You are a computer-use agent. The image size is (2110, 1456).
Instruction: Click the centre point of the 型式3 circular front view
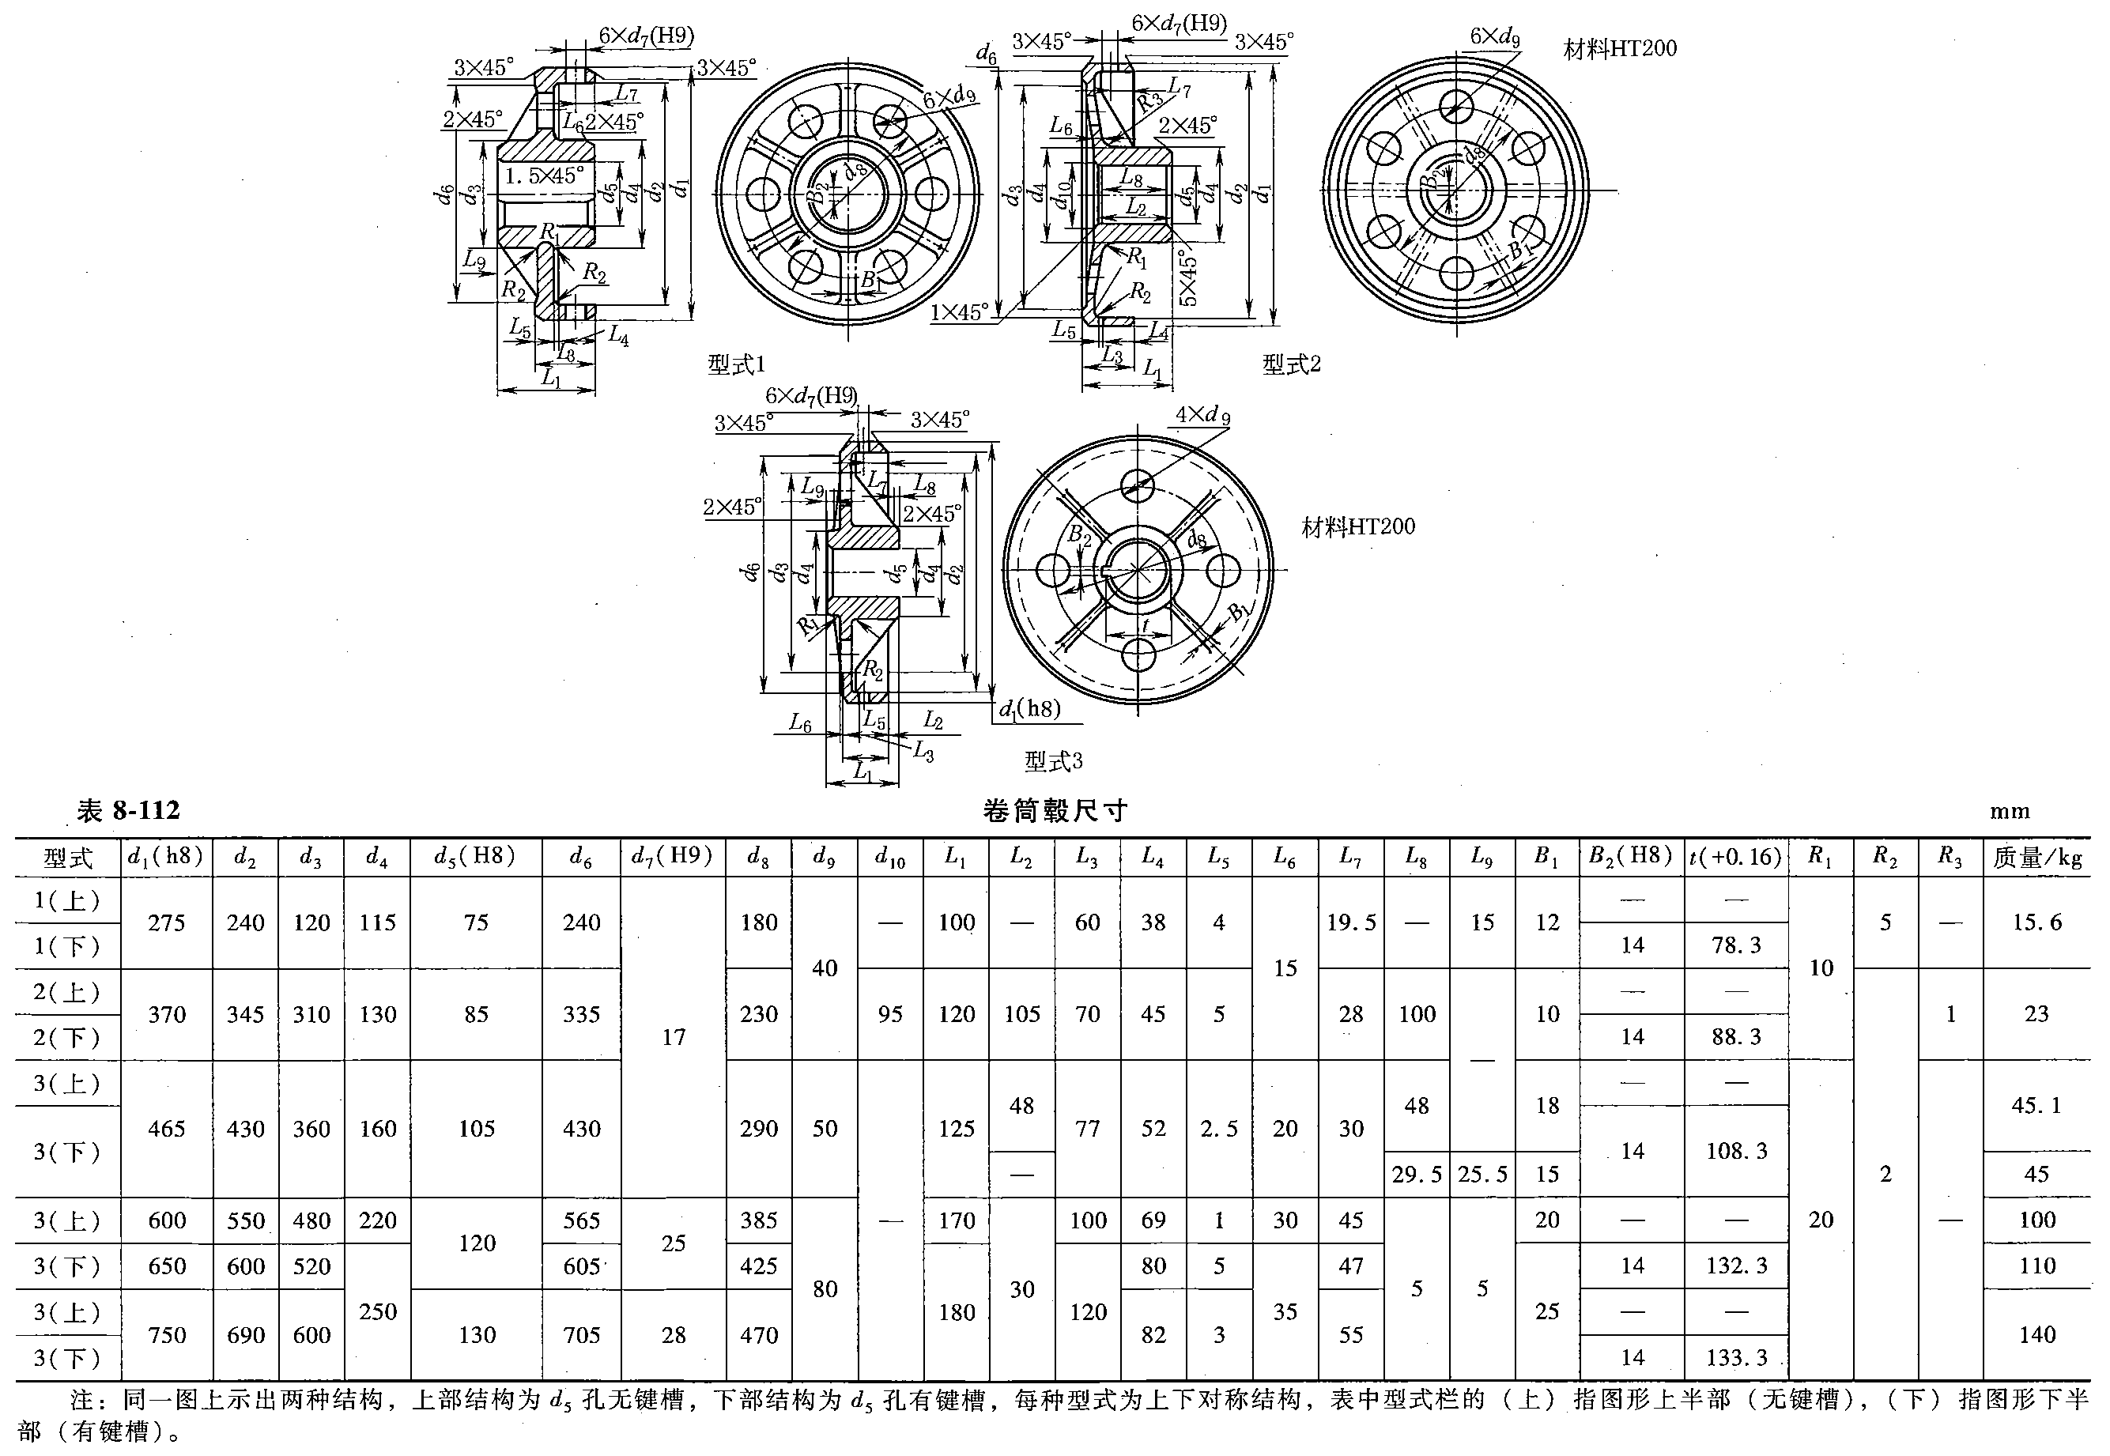click(x=1138, y=570)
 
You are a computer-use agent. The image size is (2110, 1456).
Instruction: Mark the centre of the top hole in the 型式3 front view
click(x=1138, y=485)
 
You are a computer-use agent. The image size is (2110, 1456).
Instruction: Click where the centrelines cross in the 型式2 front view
click(x=1457, y=191)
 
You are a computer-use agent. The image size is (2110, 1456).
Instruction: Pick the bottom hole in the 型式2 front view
click(x=1457, y=273)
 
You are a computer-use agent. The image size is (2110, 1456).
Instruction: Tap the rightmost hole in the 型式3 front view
click(x=1222, y=571)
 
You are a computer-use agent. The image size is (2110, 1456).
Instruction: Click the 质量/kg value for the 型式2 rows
click(x=2036, y=1013)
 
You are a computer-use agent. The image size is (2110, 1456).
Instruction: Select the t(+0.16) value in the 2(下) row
click(x=1736, y=1037)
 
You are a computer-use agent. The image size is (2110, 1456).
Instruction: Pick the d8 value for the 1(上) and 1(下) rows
click(x=758, y=922)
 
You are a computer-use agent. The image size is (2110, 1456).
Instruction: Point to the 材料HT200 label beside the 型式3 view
click(x=1357, y=527)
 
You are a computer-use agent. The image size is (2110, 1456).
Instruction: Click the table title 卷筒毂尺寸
click(x=1055, y=811)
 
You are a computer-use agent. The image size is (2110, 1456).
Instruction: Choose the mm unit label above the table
click(x=2010, y=812)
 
